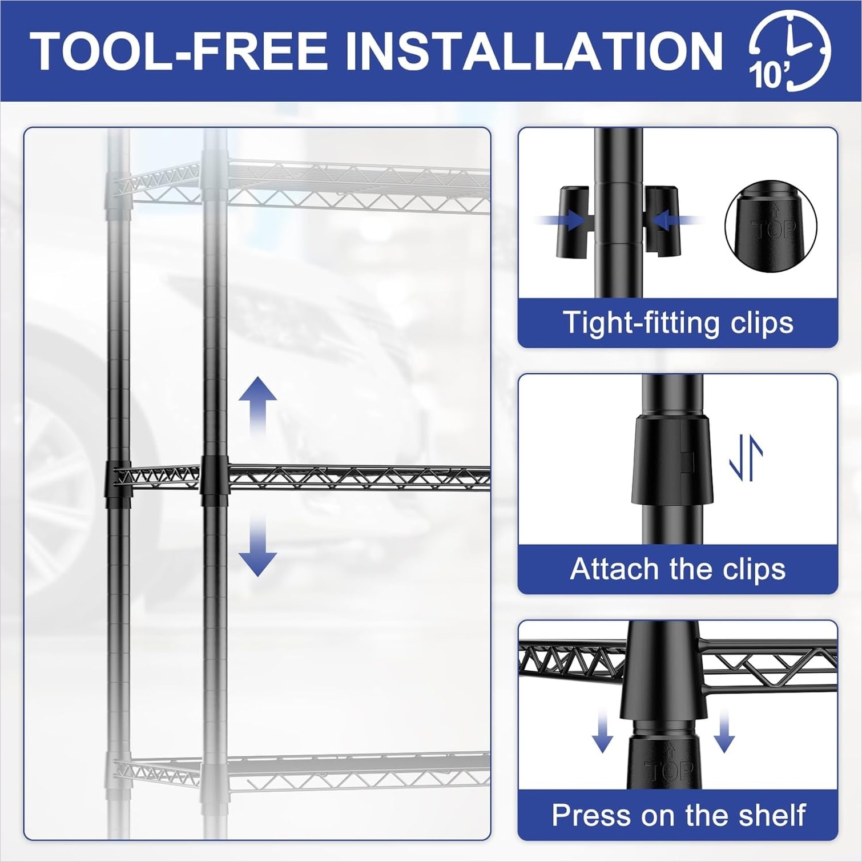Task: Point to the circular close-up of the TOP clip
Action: point(771,227)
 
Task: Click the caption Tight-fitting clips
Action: point(678,323)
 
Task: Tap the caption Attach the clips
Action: point(678,569)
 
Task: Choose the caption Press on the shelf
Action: point(678,815)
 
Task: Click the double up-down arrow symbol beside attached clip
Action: point(747,458)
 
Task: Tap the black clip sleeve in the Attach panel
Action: point(672,460)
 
